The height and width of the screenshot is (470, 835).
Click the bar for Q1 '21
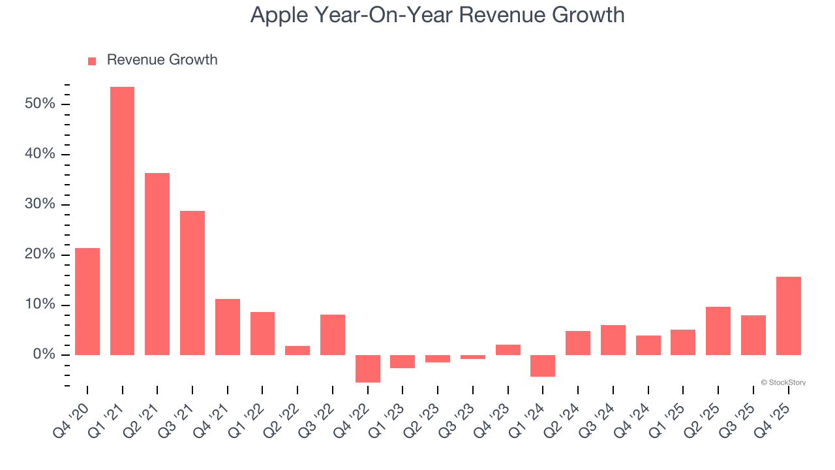coord(122,221)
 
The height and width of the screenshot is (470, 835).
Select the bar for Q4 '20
coord(87,301)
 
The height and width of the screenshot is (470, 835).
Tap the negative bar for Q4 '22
coord(367,368)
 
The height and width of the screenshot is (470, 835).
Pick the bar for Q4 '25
coord(788,315)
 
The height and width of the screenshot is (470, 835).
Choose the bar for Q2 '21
coord(157,264)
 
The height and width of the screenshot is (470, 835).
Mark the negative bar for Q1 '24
coord(543,366)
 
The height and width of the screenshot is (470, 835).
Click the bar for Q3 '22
coord(333,334)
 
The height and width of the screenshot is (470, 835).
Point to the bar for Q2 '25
coord(718,330)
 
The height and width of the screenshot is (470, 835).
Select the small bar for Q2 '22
coord(297,350)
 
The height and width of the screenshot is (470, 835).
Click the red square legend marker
coord(92,61)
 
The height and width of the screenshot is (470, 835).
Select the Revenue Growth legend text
coord(162,60)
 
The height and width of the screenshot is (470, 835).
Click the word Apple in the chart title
coord(279,15)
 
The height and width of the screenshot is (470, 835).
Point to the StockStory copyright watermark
coord(783,383)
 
